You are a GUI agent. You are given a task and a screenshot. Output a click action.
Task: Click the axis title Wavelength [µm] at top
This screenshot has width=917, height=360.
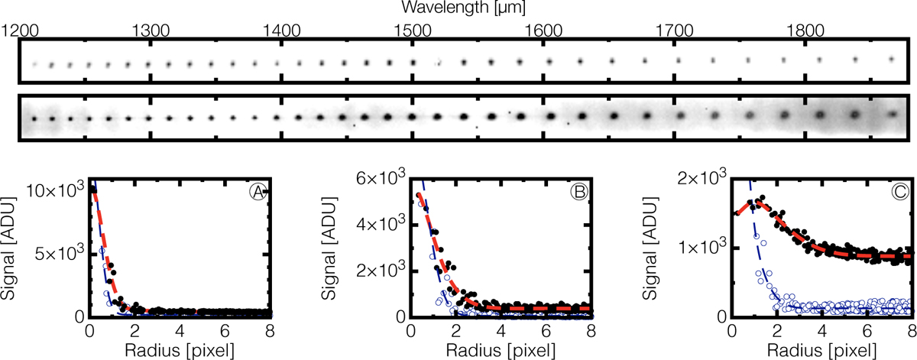(x=458, y=8)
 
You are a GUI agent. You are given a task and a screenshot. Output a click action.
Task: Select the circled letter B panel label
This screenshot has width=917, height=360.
(x=579, y=193)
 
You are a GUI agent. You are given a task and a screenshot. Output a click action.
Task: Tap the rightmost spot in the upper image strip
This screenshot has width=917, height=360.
(x=891, y=59)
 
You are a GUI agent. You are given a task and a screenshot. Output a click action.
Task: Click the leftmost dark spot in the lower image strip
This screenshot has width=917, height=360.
(x=34, y=118)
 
